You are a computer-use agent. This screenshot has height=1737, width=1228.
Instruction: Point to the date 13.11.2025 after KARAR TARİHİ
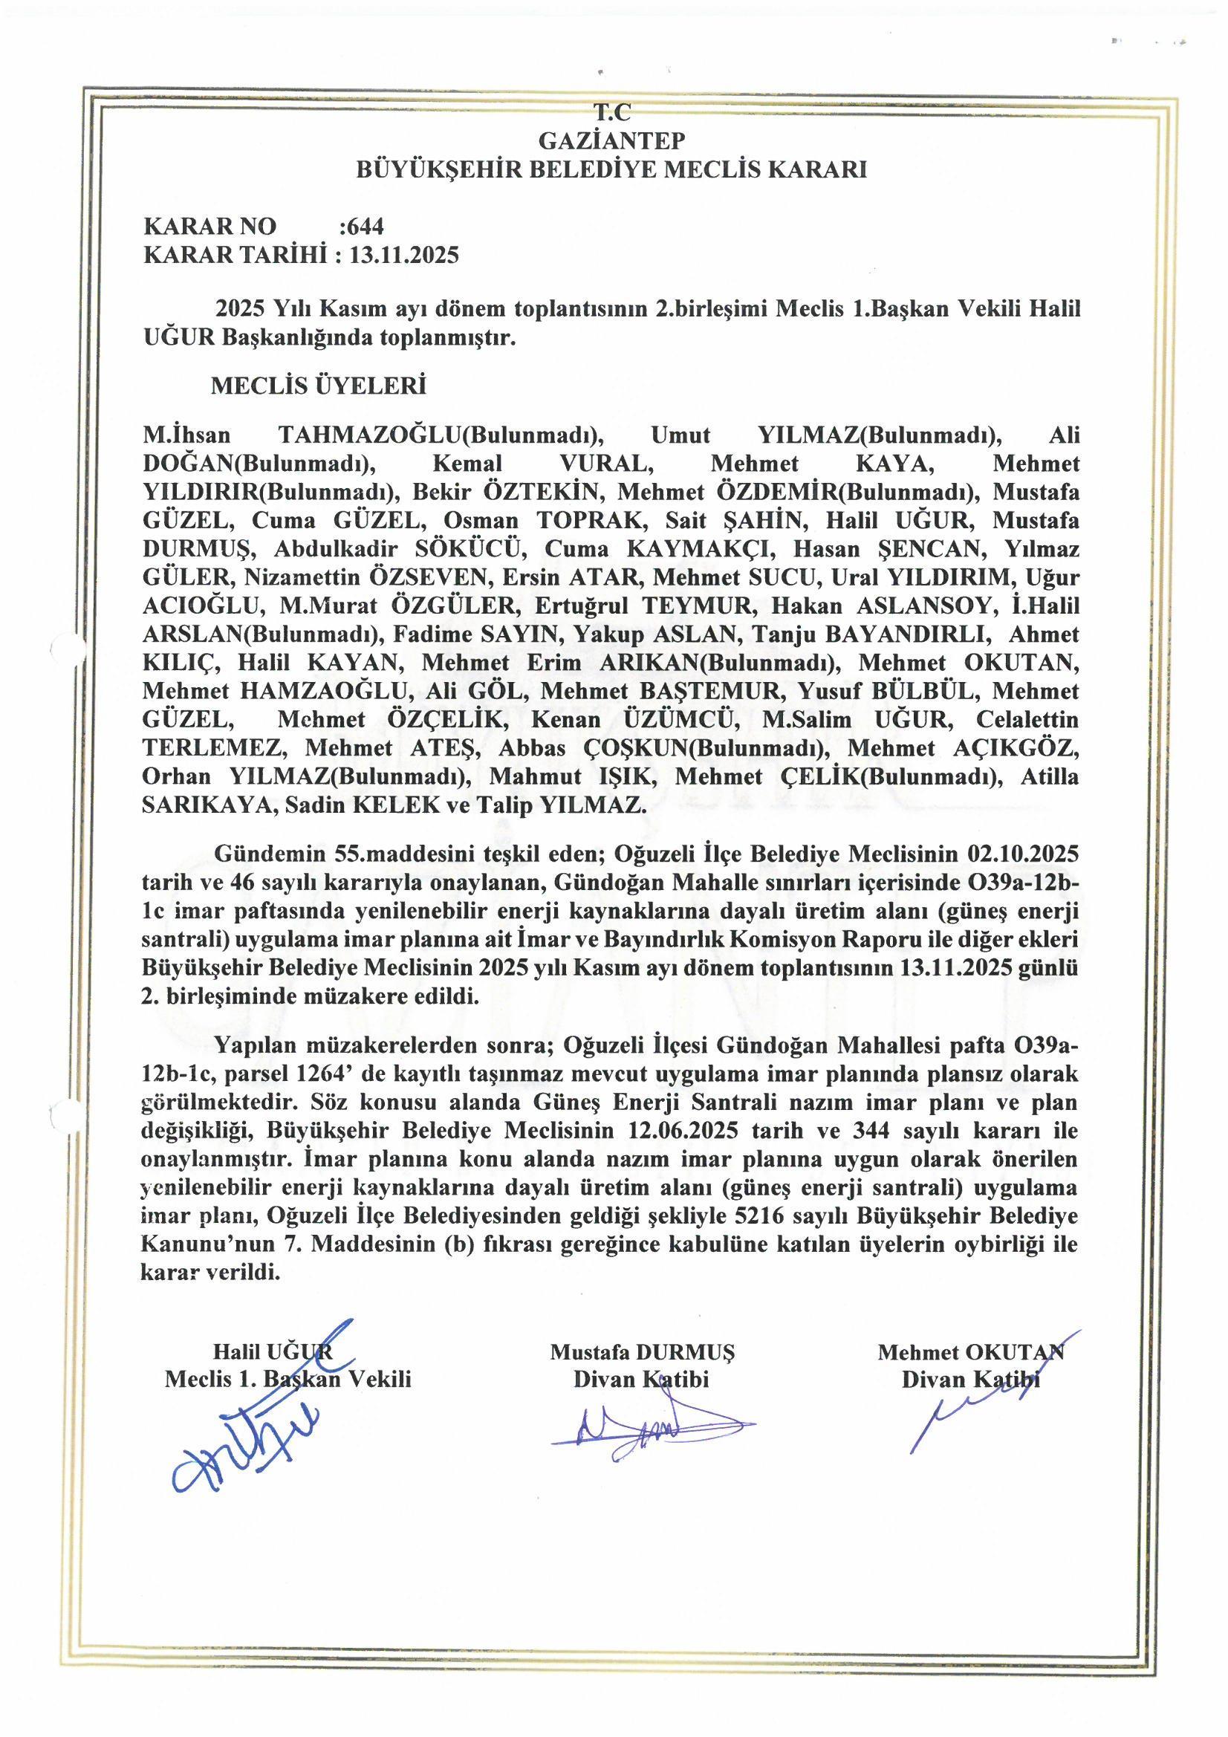click(405, 254)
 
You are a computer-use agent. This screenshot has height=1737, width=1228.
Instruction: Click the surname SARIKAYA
click(204, 805)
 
